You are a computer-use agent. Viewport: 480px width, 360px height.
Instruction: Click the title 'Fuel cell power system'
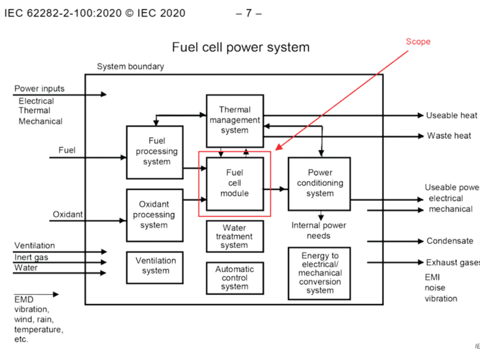pos(241,47)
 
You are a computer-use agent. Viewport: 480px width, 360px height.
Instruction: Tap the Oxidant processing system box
pos(154,214)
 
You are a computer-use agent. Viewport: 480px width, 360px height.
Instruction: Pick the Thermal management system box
pos(234,120)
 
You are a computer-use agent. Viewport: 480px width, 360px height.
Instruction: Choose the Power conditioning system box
pos(319,183)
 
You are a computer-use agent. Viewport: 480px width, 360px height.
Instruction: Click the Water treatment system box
pos(234,236)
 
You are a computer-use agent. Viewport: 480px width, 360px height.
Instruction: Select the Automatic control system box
pos(234,278)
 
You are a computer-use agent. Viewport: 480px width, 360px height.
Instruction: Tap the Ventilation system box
pos(155,266)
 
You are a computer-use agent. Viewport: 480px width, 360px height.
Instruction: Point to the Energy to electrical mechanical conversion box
pos(319,273)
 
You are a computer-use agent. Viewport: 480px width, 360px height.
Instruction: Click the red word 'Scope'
pos(418,42)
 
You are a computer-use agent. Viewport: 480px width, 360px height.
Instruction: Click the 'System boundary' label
pos(130,66)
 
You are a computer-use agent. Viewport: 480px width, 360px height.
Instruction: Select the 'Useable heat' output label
pos(452,115)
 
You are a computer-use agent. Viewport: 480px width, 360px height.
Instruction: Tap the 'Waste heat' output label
pos(450,136)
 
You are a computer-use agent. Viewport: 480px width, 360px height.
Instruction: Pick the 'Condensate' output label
pos(450,241)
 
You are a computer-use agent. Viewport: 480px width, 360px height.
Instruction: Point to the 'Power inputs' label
pos(40,89)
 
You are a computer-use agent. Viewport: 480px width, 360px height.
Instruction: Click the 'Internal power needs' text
pos(319,230)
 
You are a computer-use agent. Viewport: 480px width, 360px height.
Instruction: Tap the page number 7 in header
pos(249,13)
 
